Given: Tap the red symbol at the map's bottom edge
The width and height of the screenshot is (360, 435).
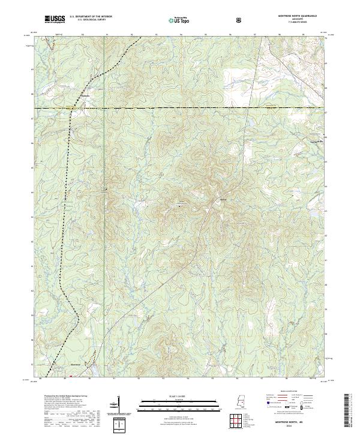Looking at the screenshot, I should click(x=71, y=377).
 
